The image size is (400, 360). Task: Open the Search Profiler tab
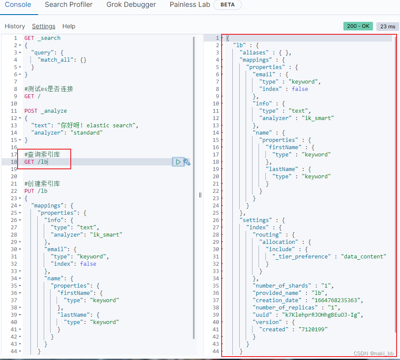click(69, 5)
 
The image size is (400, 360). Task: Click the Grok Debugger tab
click(131, 5)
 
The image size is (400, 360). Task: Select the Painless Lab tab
click(189, 5)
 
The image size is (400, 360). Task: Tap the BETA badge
click(227, 5)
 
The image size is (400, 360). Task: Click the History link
click(15, 26)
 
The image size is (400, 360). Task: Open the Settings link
click(44, 26)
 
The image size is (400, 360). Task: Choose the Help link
click(69, 26)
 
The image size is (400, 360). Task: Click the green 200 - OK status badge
click(358, 26)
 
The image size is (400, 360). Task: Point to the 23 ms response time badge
click(388, 26)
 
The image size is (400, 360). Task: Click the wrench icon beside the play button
click(187, 162)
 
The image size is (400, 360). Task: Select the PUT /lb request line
click(36, 191)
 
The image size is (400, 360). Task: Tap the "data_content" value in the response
click(364, 256)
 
